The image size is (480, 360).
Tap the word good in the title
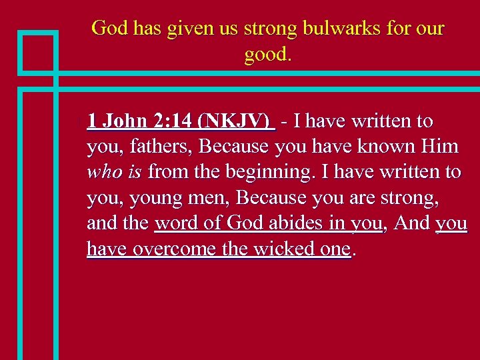[x=266, y=55]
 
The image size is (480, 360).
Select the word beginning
[x=271, y=172]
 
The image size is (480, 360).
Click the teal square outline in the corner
[x=37, y=52]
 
